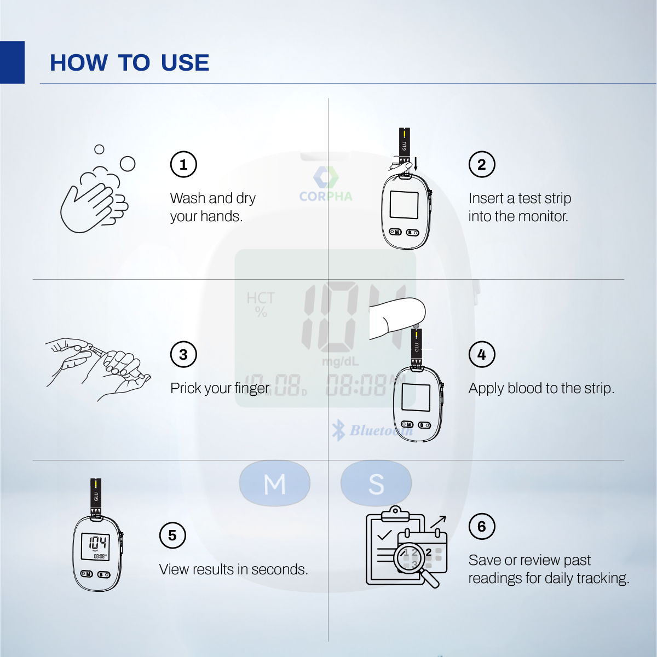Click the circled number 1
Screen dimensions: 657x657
pos(183,164)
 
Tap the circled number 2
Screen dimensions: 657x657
pos(482,164)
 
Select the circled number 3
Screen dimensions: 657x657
pos(183,354)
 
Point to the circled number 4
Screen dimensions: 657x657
pos(482,354)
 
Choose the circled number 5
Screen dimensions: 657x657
pos(172,535)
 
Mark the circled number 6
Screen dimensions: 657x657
pos(482,526)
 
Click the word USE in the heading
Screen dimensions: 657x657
pos(185,63)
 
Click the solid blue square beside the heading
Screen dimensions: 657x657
pos(12,62)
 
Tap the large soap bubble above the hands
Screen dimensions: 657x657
pos(128,164)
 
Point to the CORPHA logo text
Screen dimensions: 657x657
pos(326,196)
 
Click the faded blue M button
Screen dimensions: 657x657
pos(275,483)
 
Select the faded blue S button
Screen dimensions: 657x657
pos(376,483)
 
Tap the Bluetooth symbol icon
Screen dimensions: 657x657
pos(338,430)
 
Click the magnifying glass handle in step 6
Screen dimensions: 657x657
pos(430,579)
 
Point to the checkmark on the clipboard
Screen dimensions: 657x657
pos(384,535)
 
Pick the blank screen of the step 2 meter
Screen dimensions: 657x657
pos(404,205)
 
